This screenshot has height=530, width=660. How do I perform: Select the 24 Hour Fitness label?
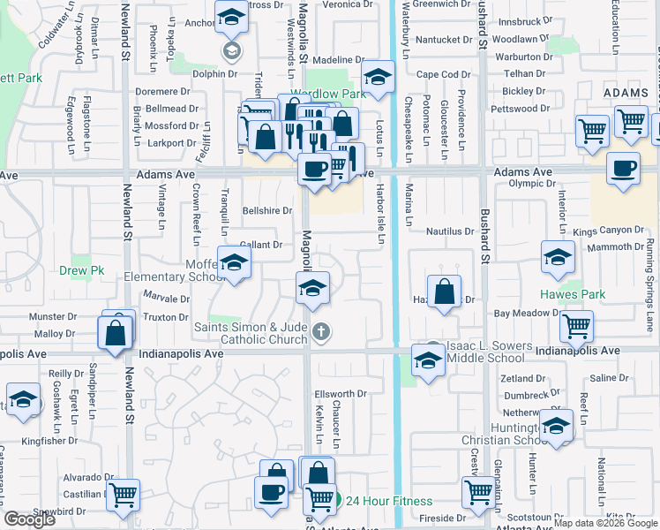point(389,501)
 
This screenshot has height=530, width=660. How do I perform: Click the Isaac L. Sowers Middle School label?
point(489,352)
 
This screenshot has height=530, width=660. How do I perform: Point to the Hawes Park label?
point(573,294)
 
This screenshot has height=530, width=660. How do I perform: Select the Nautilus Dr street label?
point(450,231)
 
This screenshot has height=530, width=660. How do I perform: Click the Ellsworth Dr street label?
point(340,393)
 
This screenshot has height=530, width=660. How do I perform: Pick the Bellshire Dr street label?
point(266,211)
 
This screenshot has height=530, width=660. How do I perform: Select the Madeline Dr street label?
point(333,59)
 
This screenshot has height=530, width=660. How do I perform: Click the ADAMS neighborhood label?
point(626,92)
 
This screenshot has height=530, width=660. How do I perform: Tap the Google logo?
point(29,519)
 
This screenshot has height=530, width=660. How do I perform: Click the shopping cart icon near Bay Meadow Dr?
point(576,325)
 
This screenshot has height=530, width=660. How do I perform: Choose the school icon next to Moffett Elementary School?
point(234,262)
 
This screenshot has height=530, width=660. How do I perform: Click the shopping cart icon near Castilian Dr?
point(123,494)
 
